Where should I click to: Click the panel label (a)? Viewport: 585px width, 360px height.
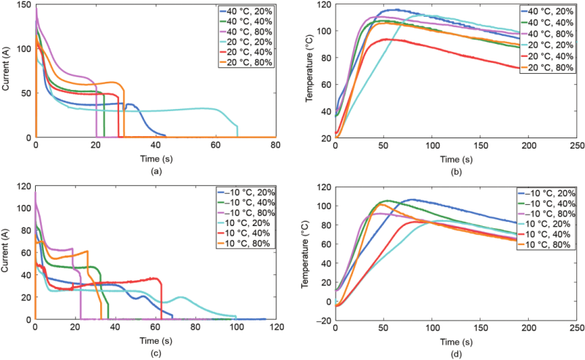pyautogui.click(x=155, y=170)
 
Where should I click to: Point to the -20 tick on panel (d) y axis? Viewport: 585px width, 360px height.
pyautogui.click(x=322, y=320)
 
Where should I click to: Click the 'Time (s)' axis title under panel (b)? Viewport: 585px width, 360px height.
pyautogui.click(x=455, y=158)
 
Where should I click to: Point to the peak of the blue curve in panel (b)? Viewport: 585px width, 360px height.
pyautogui.click(x=395, y=10)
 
